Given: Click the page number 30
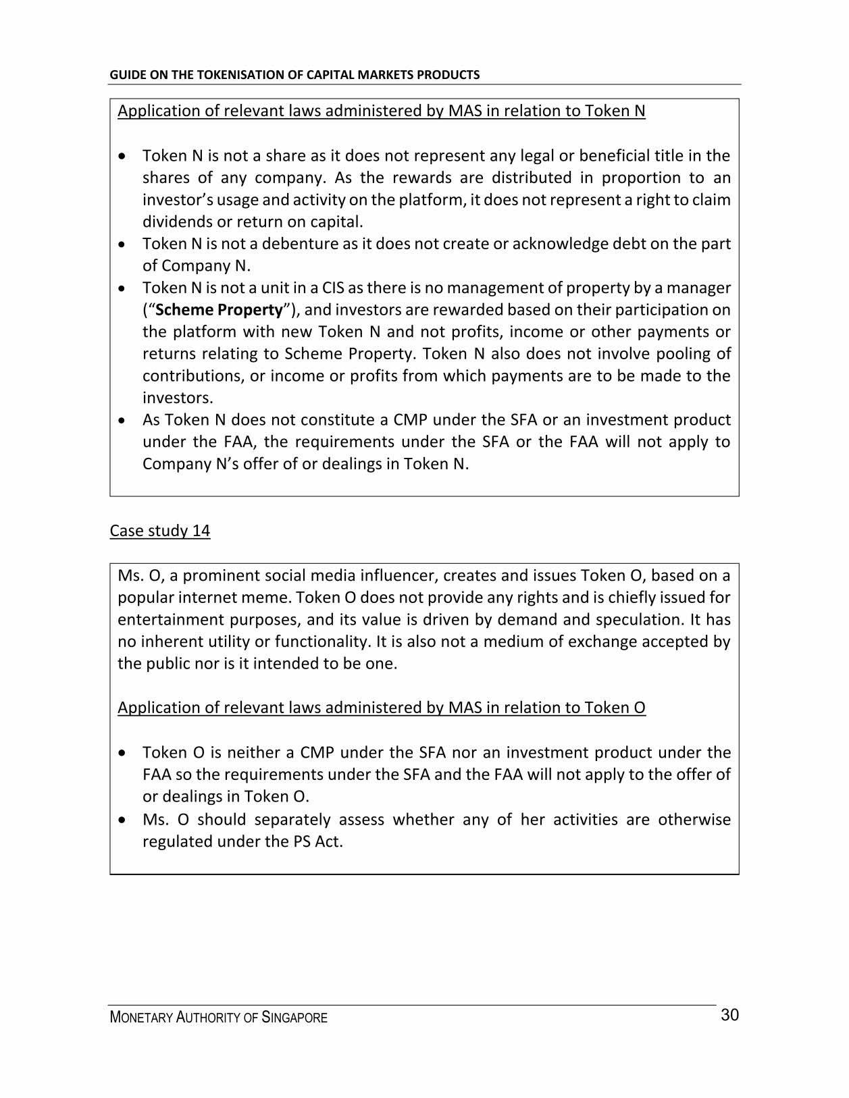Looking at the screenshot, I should tap(729, 1015).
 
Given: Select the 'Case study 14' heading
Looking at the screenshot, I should tap(159, 531).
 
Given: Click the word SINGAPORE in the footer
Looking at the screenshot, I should tap(294, 1018).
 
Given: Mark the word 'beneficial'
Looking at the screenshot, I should tap(613, 156).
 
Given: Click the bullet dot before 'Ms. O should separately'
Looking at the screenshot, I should tap(121, 820).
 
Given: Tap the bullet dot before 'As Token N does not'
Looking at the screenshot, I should tap(121, 420).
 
